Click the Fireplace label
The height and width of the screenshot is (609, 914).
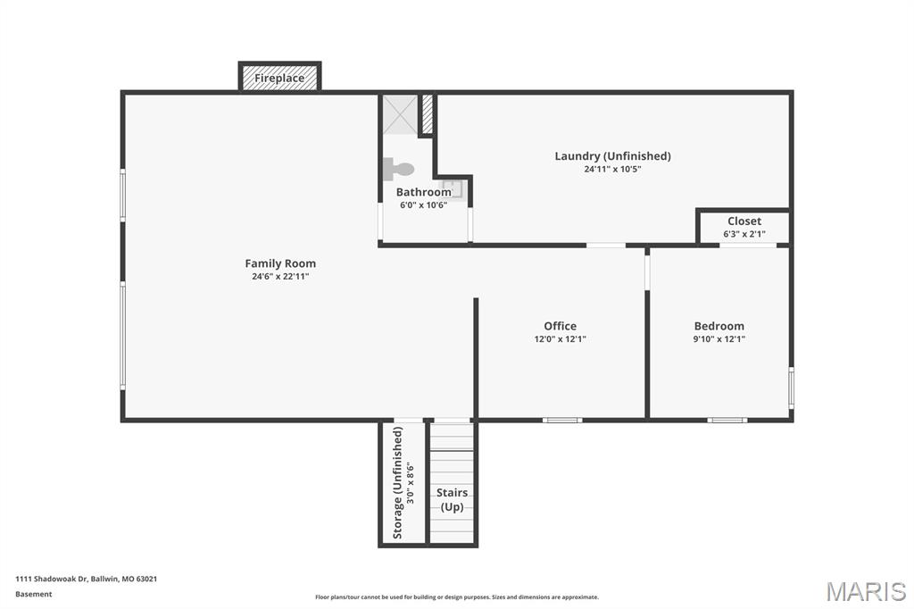279,79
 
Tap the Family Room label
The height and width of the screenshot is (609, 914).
280,263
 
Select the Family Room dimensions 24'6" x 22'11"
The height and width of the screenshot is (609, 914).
280,277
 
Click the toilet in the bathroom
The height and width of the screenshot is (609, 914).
399,169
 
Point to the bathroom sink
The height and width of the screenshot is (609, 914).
453,189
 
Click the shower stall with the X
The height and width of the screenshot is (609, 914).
400,114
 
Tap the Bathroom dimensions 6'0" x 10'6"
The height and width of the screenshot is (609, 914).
424,205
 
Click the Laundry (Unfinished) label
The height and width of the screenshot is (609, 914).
612,156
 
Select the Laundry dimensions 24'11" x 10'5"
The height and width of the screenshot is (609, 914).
612,169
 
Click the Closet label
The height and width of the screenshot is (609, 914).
744,221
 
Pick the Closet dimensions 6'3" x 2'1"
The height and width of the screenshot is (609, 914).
744,234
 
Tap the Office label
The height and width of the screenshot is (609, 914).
561,326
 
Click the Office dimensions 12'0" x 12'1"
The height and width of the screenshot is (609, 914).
561,339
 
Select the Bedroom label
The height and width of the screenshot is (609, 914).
719,326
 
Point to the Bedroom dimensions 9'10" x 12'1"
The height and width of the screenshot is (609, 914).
719,339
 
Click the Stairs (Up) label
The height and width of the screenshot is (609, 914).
452,500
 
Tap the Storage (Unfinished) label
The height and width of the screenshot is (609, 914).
398,483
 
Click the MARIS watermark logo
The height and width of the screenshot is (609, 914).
866,591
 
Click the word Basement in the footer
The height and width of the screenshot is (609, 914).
34,595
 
